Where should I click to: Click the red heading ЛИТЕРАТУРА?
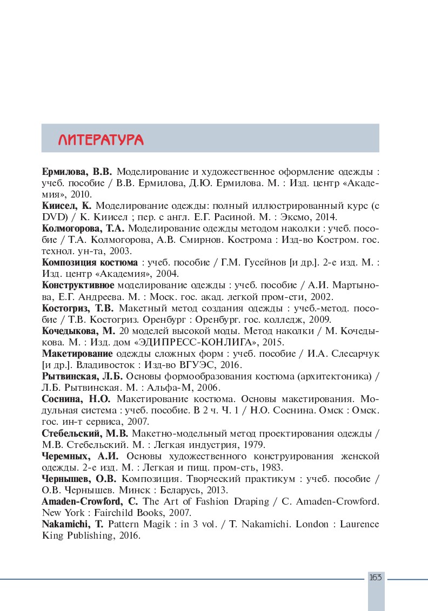coord(101,140)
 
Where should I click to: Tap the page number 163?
coord(376,578)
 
